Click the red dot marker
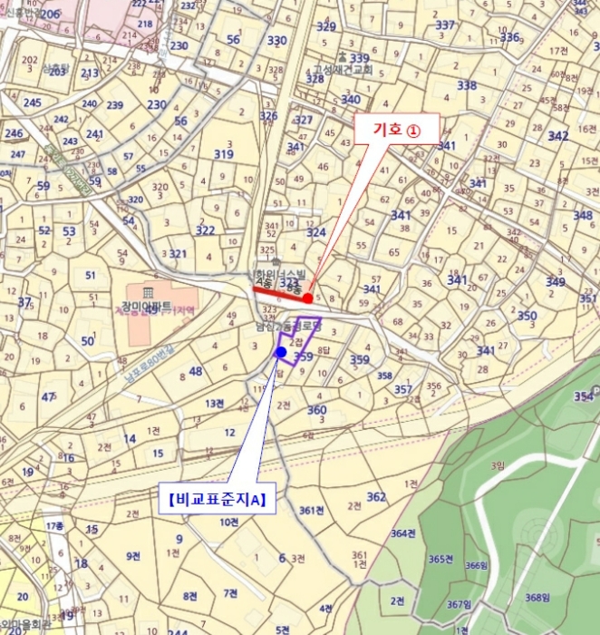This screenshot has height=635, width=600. click(x=308, y=298)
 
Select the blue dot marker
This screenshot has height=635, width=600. click(x=281, y=351)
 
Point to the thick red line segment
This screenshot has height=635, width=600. click(x=279, y=292)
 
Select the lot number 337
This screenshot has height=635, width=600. click(x=445, y=25)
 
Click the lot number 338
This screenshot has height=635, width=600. click(x=467, y=85)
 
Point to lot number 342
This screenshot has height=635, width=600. click(x=557, y=136)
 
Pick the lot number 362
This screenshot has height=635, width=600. click(x=376, y=496)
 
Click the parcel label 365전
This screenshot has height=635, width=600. click(x=441, y=560)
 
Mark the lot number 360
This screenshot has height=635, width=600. click(x=316, y=410)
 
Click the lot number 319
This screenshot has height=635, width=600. click(x=224, y=154)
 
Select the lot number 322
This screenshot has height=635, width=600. click(x=206, y=230)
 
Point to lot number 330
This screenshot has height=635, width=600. click(x=277, y=40)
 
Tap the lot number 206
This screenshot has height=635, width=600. click(x=50, y=14)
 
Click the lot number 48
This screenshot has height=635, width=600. click(x=195, y=371)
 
